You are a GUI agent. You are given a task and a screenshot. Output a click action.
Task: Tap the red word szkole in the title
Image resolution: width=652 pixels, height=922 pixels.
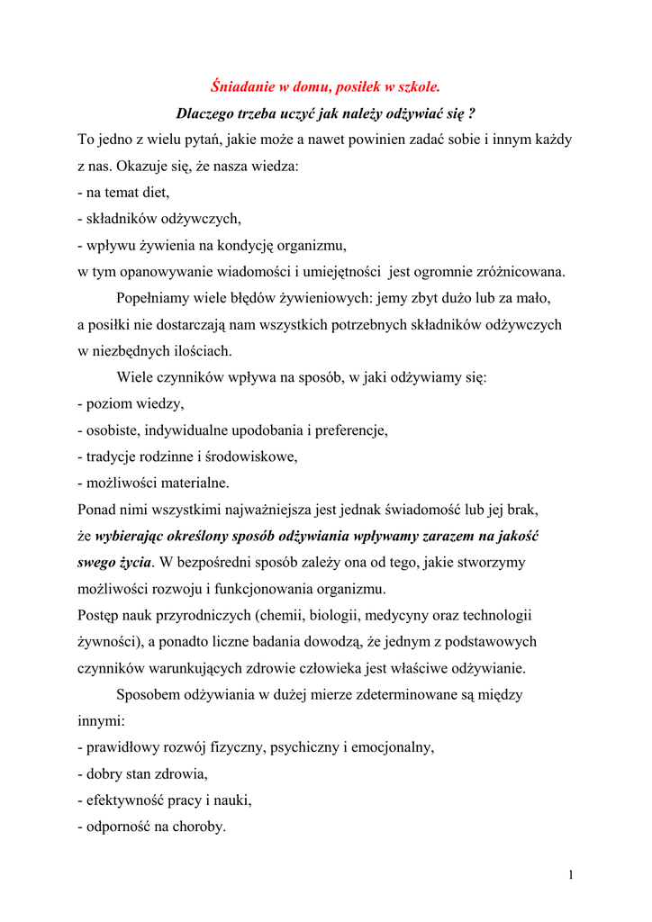tap(418, 87)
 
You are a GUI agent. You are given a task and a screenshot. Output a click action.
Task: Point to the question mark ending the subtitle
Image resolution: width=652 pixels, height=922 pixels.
tap(472, 114)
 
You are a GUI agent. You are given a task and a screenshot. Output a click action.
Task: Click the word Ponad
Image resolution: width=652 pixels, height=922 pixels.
tap(97, 510)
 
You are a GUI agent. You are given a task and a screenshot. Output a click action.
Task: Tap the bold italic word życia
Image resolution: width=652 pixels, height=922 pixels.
tap(131, 562)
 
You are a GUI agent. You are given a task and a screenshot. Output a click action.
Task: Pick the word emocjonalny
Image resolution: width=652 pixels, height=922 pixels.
tap(391, 747)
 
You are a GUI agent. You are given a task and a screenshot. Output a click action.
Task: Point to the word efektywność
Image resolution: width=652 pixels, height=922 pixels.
tap(132, 800)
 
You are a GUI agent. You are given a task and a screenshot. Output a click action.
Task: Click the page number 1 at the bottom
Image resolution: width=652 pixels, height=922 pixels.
tap(571, 875)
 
